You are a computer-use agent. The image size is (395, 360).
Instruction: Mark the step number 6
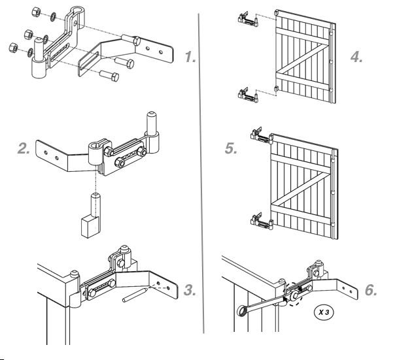[371, 289]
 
